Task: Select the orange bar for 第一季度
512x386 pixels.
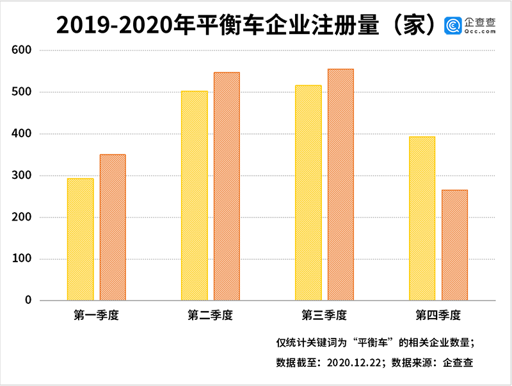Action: [113, 227]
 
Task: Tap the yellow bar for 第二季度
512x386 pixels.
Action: [195, 196]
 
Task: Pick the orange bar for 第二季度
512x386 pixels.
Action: [227, 186]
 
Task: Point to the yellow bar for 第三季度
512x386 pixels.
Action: [308, 192]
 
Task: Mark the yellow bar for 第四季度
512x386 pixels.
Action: [422, 218]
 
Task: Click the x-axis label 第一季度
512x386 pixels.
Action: [97, 315]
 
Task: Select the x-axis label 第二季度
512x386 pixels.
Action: [211, 315]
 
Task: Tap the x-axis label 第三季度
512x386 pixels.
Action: [324, 315]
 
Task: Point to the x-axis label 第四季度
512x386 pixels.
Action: [438, 315]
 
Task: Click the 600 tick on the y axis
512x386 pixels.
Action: [29, 50]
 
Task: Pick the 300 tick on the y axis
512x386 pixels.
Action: [29, 176]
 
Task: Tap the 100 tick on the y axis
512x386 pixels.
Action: [29, 259]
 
